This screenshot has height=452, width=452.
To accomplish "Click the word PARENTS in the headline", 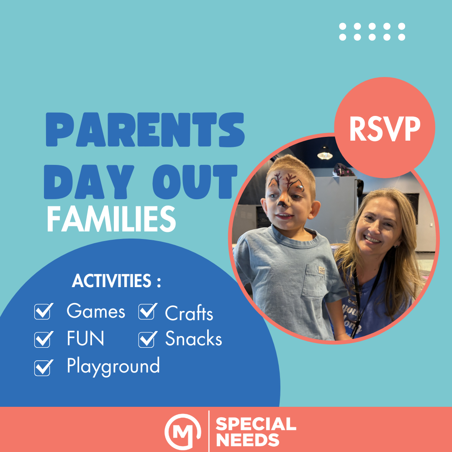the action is tap(145, 130).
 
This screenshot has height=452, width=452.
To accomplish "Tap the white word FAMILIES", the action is tap(111, 219).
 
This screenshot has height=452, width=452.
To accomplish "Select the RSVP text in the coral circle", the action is tap(385, 129).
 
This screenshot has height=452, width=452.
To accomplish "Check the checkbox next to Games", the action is tap(44, 311).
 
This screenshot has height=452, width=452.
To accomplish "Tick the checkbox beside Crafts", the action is tap(148, 311).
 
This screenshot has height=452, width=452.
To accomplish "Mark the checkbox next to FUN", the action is tap(44, 339).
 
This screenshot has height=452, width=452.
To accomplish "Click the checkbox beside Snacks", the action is tap(148, 339).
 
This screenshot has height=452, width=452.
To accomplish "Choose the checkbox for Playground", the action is tap(44, 367).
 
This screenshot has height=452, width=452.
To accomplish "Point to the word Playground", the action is tap(113, 367).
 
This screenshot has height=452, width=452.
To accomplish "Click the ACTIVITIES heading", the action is tap(116, 280).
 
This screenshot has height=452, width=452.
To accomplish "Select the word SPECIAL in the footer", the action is tap(256, 424).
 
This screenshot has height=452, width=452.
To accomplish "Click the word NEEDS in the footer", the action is tap(248, 440).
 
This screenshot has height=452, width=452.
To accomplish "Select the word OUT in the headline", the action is tap(195, 182).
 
